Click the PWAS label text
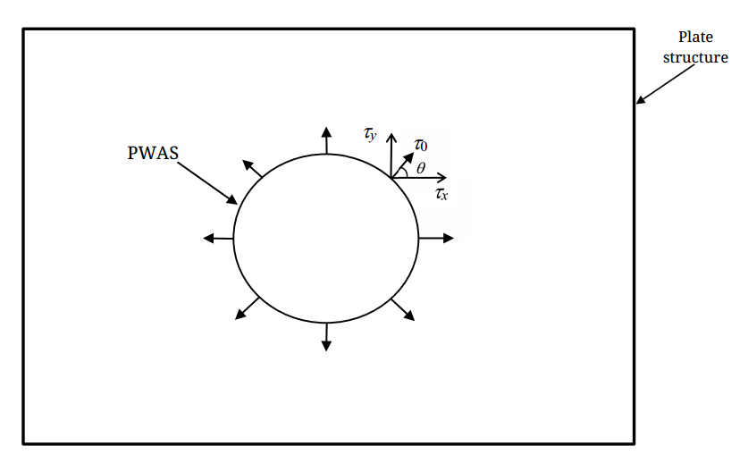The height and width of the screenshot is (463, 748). (154, 153)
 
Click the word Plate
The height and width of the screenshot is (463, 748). (695, 38)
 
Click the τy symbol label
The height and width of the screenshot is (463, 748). (370, 135)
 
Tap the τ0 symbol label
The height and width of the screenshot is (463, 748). (420, 142)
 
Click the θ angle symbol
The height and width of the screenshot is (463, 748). (421, 167)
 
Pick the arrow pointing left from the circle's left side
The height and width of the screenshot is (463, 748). (218, 238)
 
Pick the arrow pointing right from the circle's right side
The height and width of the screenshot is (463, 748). (436, 238)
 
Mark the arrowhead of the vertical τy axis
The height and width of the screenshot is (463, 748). (391, 136)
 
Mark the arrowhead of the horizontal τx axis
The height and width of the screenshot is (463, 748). (441, 178)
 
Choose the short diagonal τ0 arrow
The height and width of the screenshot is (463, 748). (402, 165)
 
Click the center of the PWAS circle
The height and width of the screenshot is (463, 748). (326, 239)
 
